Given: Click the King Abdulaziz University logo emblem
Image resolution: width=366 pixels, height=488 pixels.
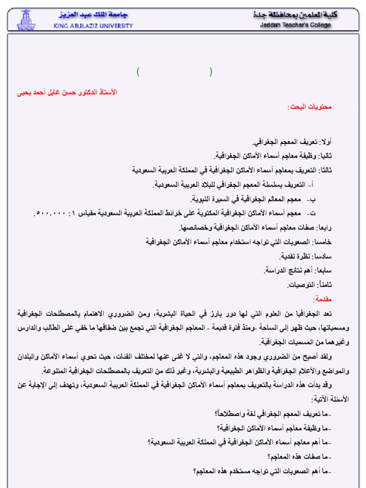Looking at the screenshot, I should pos(26,20).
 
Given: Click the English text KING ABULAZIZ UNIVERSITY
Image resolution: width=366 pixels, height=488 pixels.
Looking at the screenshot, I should pos(93,26).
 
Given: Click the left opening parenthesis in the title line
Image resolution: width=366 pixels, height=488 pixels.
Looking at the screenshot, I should pos(138,72).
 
